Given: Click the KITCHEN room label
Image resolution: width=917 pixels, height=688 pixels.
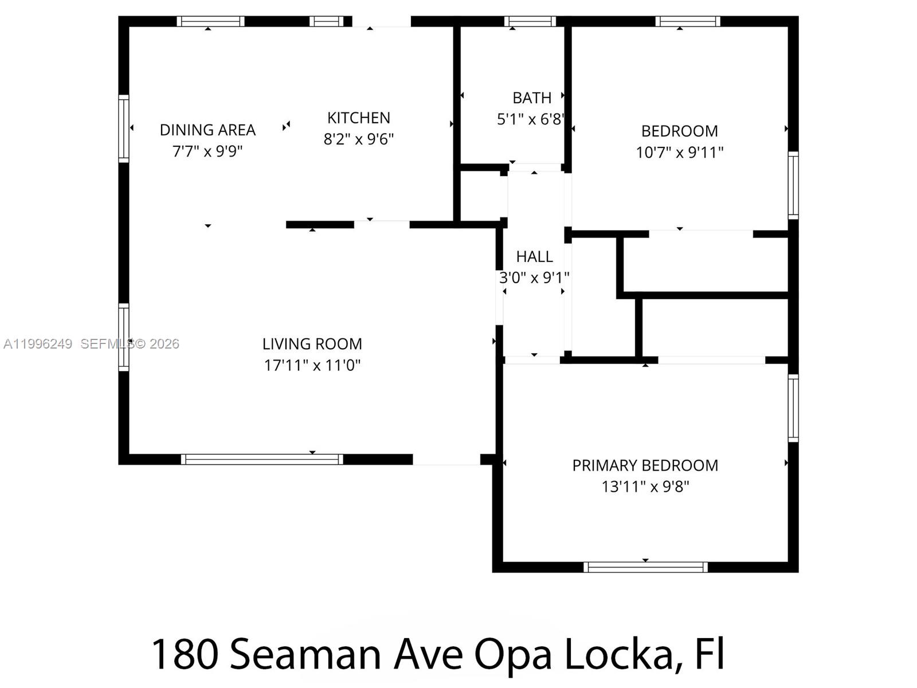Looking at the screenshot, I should [x=358, y=118].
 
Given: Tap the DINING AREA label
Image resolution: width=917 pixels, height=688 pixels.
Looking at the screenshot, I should [x=207, y=130].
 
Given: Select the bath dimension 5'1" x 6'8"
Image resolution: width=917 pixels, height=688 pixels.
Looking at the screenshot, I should [x=531, y=119].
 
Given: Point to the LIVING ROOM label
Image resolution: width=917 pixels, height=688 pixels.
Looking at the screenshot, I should [x=312, y=344].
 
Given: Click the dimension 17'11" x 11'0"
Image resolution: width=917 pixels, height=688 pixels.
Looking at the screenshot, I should [x=312, y=365].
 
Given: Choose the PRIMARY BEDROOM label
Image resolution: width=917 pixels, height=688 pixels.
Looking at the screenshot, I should [x=645, y=466].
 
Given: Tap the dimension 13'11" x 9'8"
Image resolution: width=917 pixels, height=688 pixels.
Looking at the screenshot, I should [x=645, y=487].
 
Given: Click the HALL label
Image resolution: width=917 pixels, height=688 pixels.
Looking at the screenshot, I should [x=534, y=256].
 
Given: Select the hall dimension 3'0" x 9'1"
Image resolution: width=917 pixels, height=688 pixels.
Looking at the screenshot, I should [x=534, y=278].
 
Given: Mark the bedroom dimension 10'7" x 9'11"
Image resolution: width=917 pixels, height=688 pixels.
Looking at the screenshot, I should [x=679, y=153].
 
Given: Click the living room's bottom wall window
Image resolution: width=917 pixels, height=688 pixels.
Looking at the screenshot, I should [x=262, y=459].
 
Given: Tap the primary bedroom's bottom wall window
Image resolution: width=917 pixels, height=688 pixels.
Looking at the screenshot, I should [x=645, y=567].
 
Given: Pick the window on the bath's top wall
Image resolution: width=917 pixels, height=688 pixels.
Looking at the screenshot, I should [x=530, y=22].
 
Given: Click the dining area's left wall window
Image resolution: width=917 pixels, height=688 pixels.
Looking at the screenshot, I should [x=124, y=128].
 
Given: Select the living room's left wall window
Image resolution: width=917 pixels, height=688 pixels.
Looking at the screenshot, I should [x=124, y=337].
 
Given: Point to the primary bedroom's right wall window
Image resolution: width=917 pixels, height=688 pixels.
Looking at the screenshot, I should [x=793, y=408].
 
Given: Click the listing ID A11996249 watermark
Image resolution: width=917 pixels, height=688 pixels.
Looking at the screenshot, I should [x=38, y=344].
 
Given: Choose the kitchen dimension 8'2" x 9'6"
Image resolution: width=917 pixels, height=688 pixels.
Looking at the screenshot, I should [x=358, y=139].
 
